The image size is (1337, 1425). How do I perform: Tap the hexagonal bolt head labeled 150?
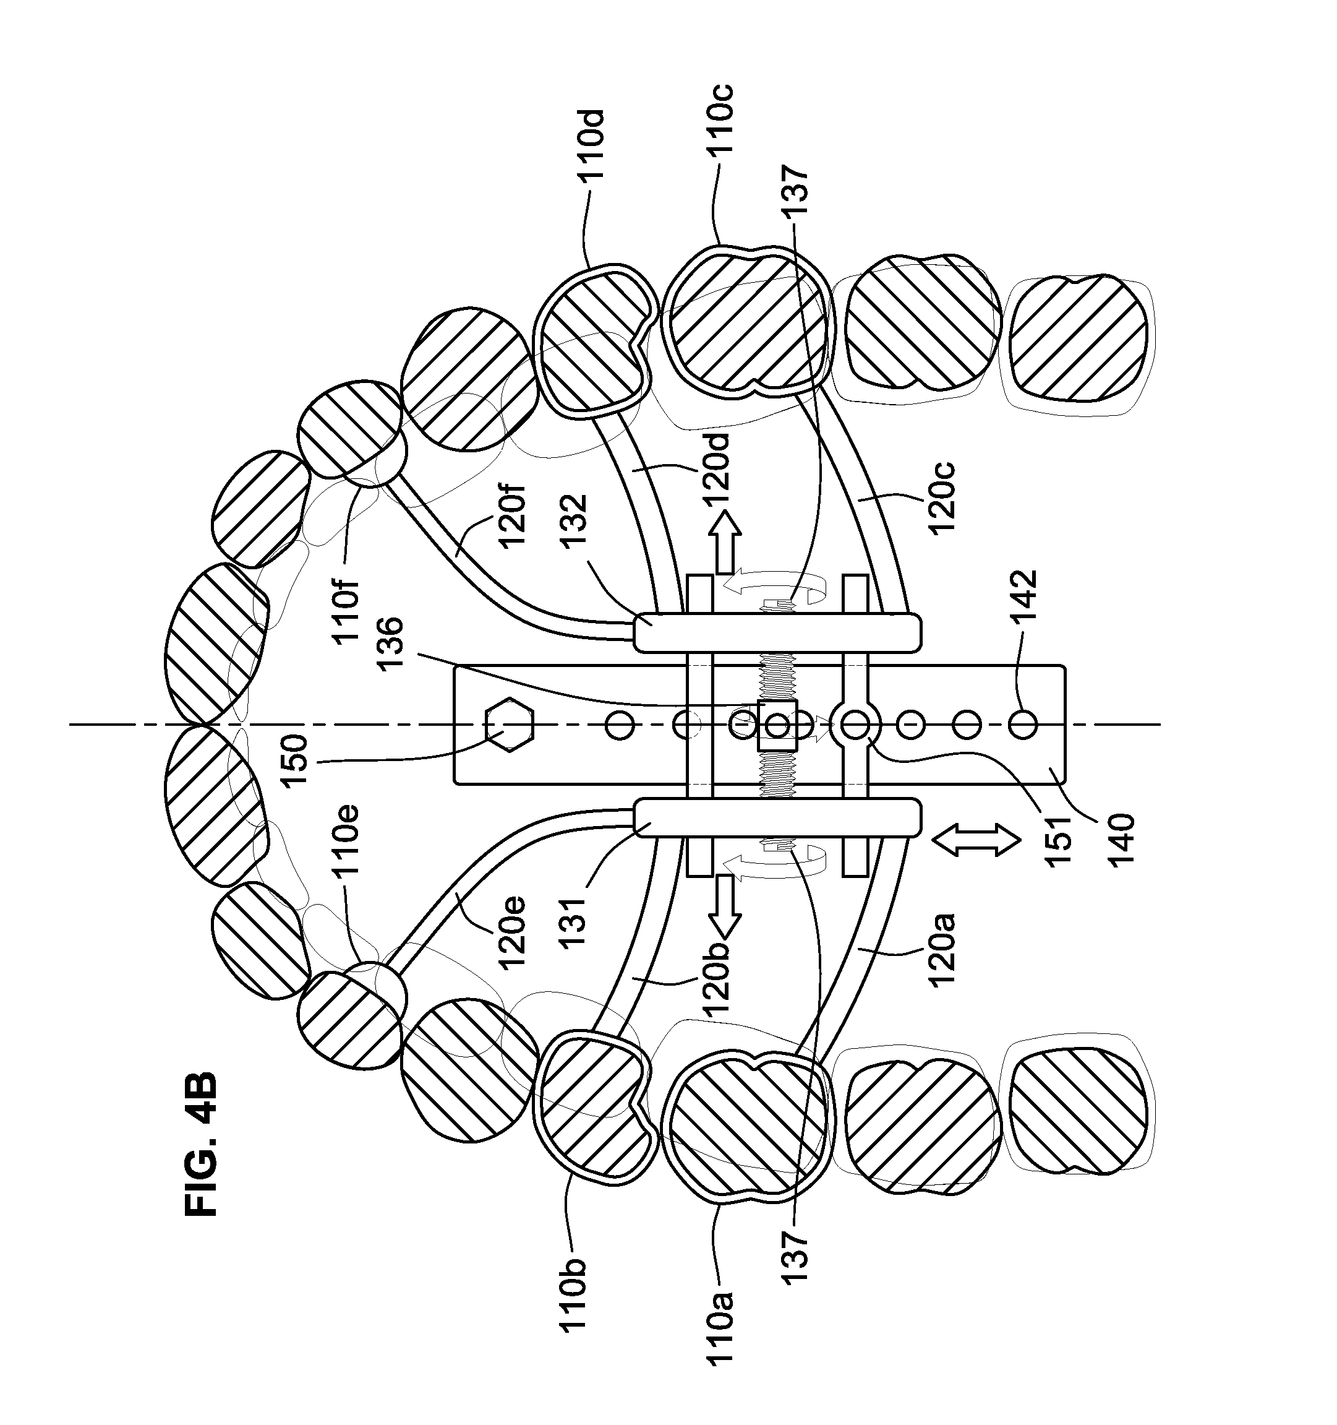point(508,725)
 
